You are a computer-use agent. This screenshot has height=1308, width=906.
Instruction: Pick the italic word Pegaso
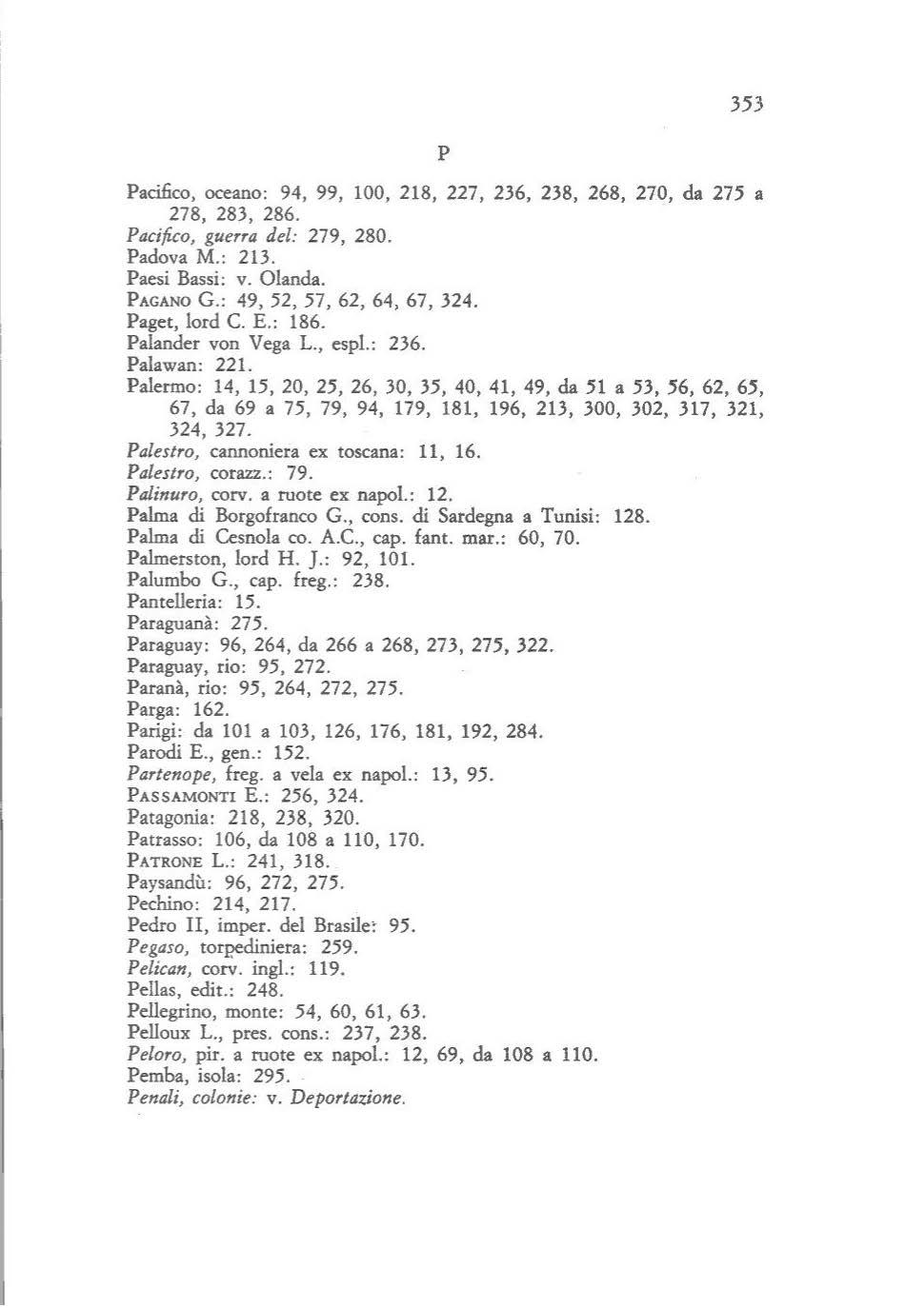pyautogui.click(x=148, y=948)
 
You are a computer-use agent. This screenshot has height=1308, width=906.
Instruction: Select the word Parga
pyautogui.click(x=148, y=710)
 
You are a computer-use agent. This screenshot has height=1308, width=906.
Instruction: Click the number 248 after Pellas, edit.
pyautogui.click(x=265, y=991)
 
